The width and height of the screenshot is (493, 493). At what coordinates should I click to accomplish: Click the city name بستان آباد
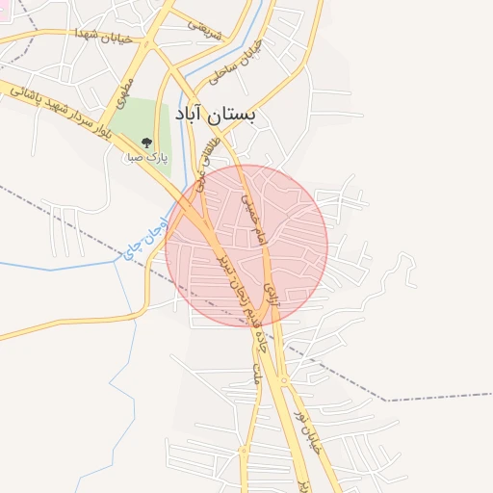pos(217,114)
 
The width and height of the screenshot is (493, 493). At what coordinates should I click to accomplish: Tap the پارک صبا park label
pos(147,155)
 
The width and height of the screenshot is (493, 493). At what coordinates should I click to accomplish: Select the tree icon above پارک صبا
pos(147,142)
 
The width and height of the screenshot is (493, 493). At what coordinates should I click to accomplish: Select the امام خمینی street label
pos(249,206)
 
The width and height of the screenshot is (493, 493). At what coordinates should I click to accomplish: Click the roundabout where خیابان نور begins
pos(286,381)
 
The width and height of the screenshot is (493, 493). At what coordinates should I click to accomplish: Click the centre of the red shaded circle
pos(246,246)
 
